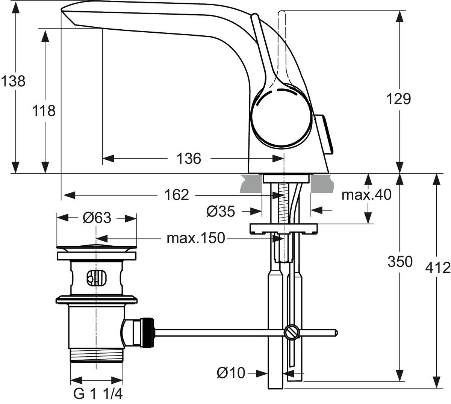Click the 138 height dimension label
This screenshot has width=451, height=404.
(x=13, y=81)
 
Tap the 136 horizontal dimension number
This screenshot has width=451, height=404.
(x=189, y=159)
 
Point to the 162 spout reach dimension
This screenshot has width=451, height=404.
(x=177, y=195)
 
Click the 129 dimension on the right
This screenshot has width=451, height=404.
(x=399, y=99)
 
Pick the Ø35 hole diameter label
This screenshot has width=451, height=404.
(x=221, y=212)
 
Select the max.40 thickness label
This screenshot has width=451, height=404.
(x=366, y=195)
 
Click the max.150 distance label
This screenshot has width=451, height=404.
(x=195, y=238)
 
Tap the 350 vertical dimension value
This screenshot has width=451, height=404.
(x=400, y=262)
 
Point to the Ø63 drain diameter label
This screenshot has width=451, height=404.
(x=97, y=218)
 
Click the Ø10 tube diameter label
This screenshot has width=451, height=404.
(x=231, y=373)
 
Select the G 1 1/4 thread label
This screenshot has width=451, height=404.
(x=98, y=394)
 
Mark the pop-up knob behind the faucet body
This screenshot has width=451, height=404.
(x=324, y=134)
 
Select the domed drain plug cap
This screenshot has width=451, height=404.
(x=96, y=247)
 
